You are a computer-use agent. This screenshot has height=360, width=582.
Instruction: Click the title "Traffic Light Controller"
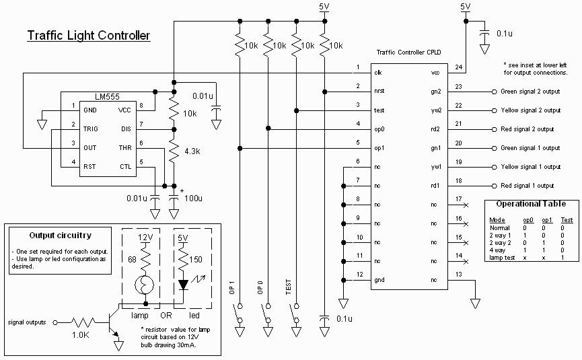point(89,36)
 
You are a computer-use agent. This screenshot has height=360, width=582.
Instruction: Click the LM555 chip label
point(107,97)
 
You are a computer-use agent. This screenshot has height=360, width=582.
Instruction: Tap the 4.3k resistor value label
point(192,151)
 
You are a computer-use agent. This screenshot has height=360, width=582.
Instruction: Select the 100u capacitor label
point(193,199)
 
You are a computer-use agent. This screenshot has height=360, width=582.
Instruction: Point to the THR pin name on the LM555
point(125,148)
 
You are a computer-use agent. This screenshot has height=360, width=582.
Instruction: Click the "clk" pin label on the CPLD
point(378,73)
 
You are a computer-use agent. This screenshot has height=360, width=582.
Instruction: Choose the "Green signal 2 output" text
point(530,92)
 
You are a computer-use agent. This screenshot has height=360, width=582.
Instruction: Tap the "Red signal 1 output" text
point(527,186)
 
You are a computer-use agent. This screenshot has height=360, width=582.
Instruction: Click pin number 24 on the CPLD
point(459,67)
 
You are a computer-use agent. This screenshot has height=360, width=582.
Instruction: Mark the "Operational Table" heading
point(531,204)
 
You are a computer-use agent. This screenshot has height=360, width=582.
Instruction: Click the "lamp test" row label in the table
point(502,258)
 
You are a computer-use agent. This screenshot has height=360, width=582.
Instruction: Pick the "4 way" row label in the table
point(497,250)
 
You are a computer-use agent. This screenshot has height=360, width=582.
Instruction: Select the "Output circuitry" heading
point(60,236)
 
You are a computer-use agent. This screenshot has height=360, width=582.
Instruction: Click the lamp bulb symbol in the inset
point(144,285)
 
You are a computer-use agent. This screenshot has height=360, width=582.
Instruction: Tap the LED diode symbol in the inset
point(183,285)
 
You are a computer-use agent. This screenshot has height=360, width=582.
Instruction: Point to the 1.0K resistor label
point(80,335)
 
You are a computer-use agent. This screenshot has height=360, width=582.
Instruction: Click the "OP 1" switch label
point(232,287)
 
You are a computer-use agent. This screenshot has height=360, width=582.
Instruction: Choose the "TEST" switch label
point(289,287)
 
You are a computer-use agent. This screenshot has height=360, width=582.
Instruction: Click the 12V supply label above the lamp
point(145,238)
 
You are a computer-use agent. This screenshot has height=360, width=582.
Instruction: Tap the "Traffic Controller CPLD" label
point(408,52)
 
